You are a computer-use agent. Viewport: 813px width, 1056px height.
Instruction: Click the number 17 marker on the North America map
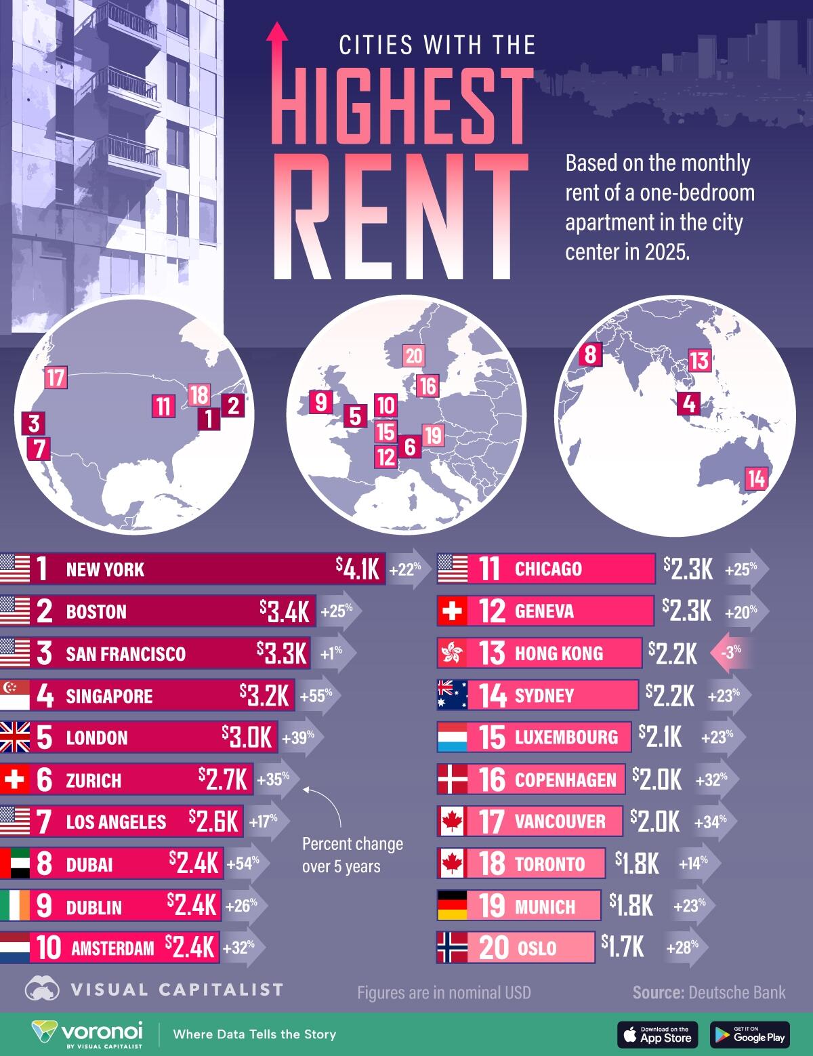56,377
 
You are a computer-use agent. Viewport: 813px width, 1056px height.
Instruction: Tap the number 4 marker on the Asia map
689,404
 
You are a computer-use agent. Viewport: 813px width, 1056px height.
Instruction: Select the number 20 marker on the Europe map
413,356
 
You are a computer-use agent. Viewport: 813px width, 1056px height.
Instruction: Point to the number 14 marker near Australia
756,479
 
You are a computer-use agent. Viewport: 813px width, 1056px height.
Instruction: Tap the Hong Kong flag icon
453,653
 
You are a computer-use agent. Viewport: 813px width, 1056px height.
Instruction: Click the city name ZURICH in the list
93,781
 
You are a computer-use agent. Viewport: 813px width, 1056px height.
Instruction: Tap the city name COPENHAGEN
565,779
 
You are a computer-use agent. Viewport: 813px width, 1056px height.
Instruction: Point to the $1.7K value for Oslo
622,946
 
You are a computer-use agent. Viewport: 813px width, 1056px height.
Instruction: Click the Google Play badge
749,1034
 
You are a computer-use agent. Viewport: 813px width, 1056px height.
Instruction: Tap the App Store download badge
657,1034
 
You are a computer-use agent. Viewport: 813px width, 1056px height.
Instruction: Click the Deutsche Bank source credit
709,992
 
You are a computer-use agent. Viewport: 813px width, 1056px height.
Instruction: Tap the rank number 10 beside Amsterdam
49,948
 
